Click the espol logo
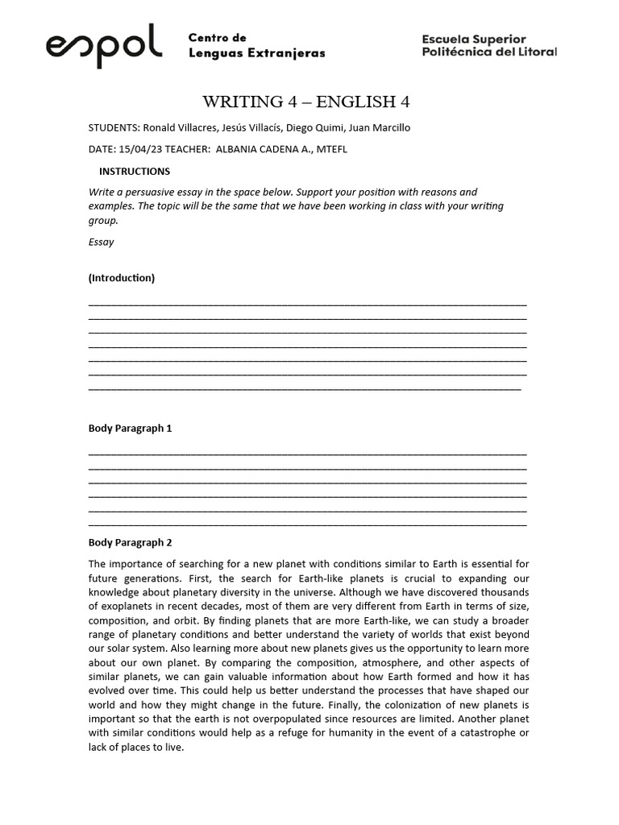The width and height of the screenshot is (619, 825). click(104, 45)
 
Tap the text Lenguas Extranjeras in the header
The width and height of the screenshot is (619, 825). click(256, 53)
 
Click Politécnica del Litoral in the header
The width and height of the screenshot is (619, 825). click(489, 52)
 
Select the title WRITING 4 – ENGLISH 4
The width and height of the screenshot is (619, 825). click(310, 102)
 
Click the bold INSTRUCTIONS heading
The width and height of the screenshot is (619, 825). click(134, 171)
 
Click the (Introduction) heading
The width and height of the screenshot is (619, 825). click(121, 278)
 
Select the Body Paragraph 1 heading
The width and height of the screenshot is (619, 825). click(130, 429)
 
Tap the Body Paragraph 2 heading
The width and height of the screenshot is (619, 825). click(130, 542)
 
